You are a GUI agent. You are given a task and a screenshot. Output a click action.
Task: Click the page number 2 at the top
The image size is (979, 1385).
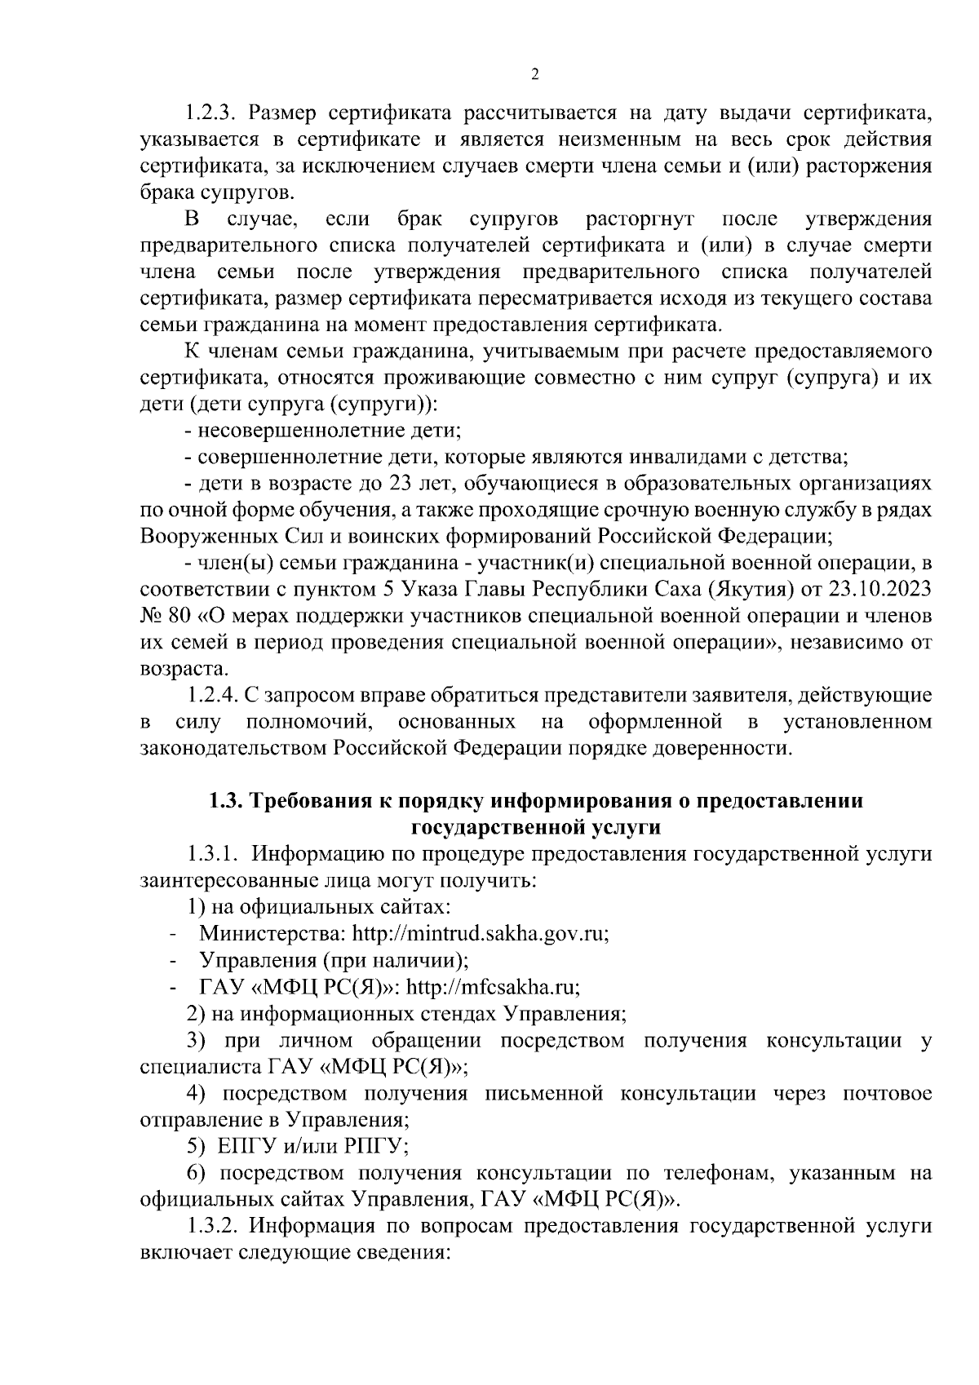(534, 75)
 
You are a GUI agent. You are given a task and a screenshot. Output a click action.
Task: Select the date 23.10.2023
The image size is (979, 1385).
(887, 590)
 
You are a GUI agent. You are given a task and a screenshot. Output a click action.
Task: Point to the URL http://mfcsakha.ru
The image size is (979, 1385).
(493, 987)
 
